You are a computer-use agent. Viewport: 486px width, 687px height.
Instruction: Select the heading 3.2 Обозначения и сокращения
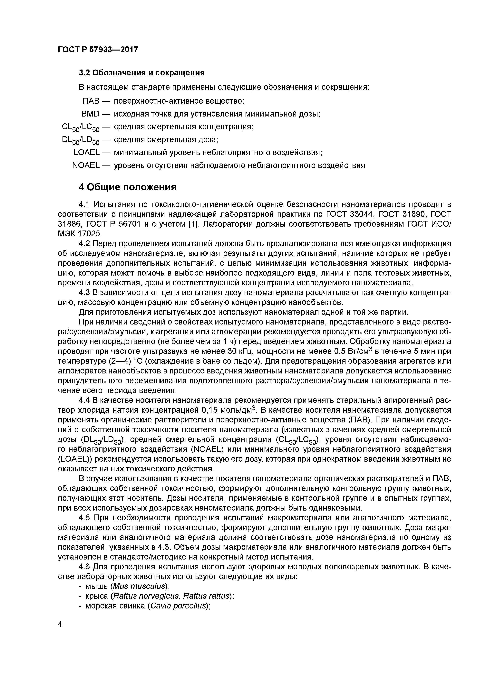(142, 73)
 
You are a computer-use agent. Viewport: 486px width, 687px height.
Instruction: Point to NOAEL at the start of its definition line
(86, 165)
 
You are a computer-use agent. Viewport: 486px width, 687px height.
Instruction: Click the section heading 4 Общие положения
(128, 187)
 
